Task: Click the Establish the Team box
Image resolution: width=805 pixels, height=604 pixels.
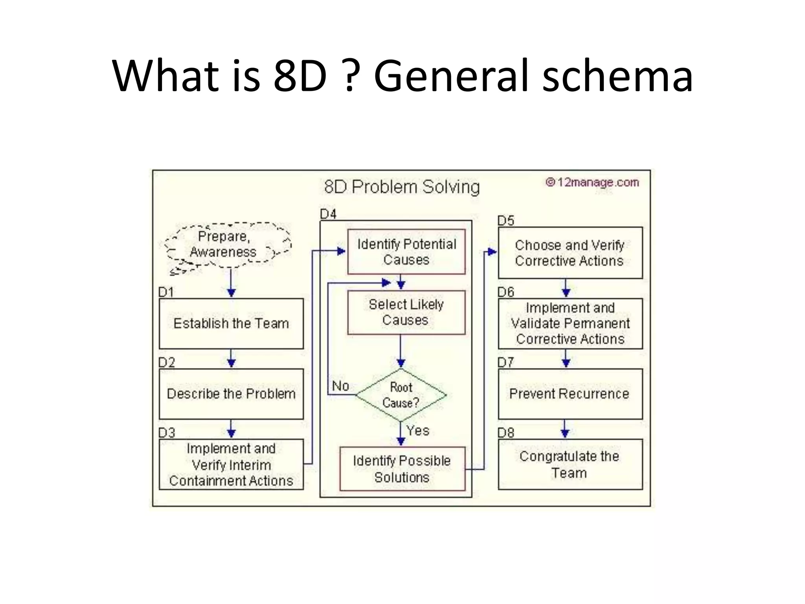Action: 231,323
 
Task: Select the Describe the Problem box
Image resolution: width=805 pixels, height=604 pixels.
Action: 231,394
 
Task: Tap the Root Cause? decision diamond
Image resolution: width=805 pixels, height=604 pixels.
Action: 401,395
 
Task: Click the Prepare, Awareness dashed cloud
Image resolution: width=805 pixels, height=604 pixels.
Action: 227,245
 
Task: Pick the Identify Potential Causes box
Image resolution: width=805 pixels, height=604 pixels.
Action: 406,252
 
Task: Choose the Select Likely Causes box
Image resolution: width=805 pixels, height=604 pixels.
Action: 406,312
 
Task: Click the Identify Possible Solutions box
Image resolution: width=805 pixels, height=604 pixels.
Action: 402,469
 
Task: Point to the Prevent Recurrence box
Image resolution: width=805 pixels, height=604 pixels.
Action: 570,394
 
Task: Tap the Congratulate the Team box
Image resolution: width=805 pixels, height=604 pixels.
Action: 570,464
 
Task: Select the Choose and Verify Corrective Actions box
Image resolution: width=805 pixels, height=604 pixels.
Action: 570,253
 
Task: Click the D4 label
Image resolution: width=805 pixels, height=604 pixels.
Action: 328,214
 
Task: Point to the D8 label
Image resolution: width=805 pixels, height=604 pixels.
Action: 506,433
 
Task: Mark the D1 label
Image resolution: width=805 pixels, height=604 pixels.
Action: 166,292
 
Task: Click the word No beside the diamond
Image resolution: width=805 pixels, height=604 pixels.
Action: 340,386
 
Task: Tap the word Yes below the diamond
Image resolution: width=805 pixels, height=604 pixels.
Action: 418,431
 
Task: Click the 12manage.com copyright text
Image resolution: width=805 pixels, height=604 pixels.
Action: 592,182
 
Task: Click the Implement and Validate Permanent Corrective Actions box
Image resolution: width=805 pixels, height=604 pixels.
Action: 570,323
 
